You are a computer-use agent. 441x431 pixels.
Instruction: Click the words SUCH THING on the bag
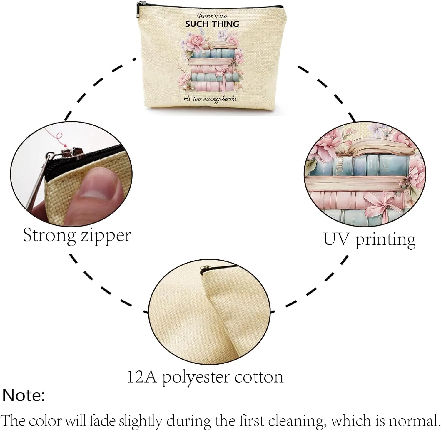[212, 24]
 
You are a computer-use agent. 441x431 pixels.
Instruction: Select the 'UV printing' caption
[370, 240]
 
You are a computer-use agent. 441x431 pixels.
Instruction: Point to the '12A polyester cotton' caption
[205, 377]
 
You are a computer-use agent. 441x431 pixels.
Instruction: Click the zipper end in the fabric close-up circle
[202, 269]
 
